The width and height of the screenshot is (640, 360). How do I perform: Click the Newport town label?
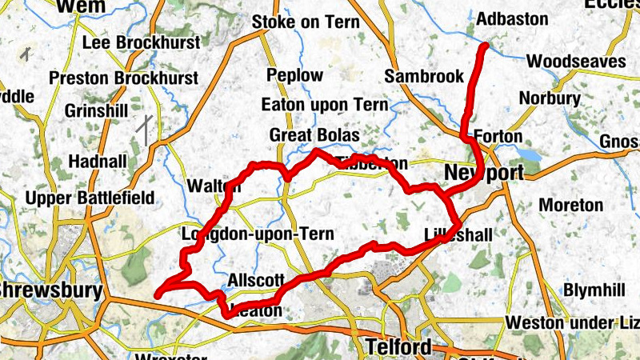pos(484,173)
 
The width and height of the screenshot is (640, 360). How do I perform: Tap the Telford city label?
pos(398,346)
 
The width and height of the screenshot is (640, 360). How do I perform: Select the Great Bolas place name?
pos(314,134)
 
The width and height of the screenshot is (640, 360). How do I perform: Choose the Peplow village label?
pos(295,76)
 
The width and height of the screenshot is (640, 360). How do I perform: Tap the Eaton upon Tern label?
pos(325,105)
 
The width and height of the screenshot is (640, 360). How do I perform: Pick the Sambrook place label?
pos(424,77)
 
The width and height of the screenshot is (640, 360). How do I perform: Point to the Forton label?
pos(498,136)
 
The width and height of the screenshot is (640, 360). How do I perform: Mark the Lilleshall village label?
pos(458,234)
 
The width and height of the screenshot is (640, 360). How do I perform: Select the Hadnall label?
pos(98,161)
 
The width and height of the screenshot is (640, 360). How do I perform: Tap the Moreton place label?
pos(570,206)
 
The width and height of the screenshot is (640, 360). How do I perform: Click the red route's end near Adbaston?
pos(484,47)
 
